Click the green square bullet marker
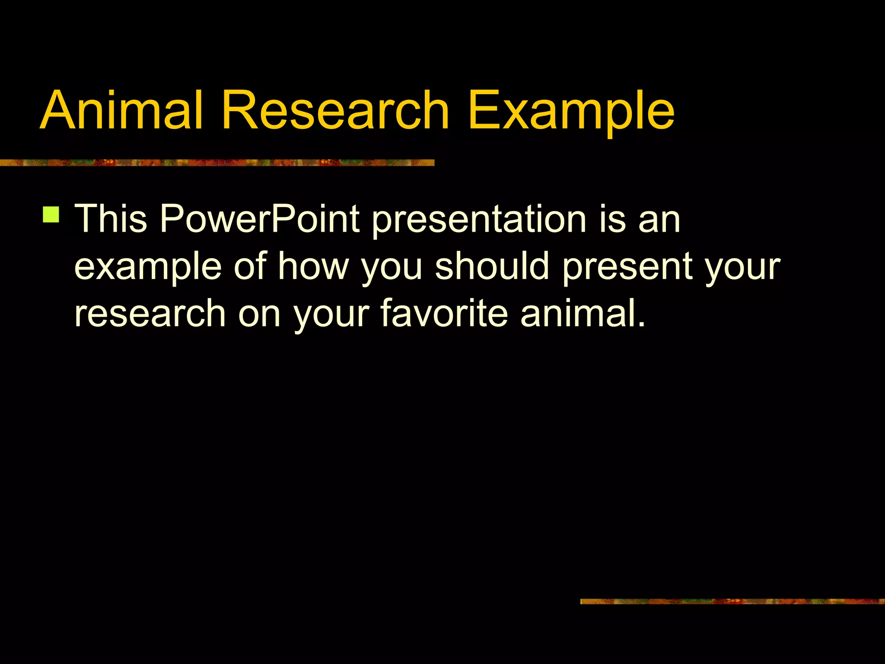[x=51, y=214]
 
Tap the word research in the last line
[x=150, y=314]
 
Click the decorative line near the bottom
[x=732, y=601]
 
